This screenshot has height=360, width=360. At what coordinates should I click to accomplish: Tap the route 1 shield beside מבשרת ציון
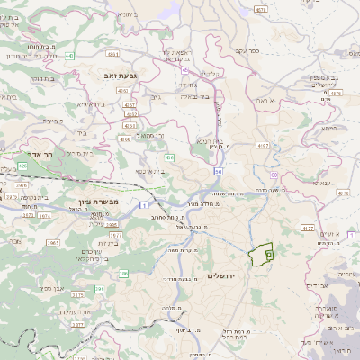click(143, 207)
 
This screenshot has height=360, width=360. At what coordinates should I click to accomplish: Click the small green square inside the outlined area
click(268, 256)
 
